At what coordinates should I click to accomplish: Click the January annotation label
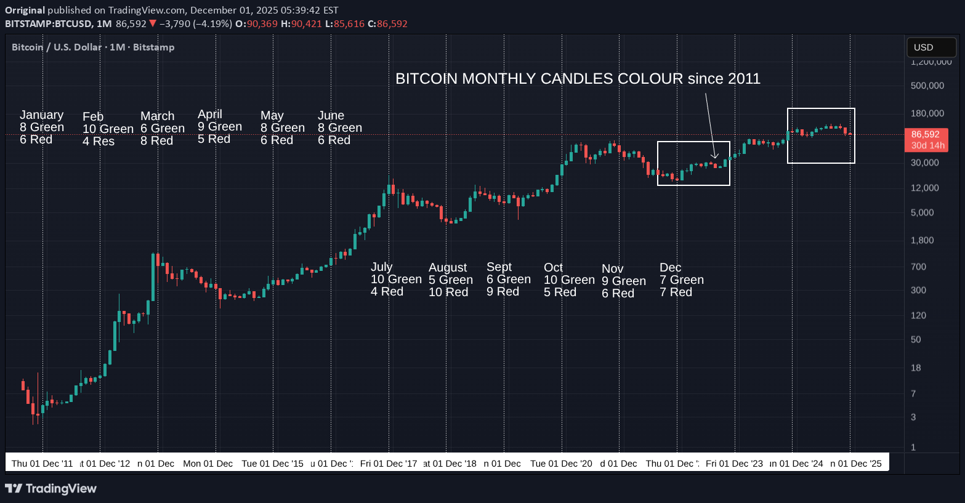[42, 127]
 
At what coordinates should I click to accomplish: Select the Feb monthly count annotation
[108, 129]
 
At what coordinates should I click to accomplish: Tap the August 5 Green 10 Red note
[451, 280]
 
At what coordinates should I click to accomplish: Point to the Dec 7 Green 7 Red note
[681, 280]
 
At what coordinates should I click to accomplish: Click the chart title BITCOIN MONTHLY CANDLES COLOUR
[578, 79]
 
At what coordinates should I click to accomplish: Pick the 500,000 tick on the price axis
[927, 86]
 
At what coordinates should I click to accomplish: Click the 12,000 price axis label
[925, 188]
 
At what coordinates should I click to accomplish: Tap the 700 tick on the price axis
[919, 267]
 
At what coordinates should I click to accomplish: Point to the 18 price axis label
[916, 368]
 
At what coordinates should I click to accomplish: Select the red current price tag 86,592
[926, 139]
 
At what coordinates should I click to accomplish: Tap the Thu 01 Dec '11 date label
[42, 464]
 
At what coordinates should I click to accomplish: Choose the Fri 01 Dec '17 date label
[389, 464]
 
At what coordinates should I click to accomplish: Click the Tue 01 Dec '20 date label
[561, 464]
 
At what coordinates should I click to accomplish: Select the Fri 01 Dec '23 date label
[734, 464]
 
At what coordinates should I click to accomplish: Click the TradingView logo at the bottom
[50, 489]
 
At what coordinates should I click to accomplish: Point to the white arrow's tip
[715, 158]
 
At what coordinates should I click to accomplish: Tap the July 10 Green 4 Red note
[395, 279]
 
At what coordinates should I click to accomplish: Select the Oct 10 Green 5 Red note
[569, 280]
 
